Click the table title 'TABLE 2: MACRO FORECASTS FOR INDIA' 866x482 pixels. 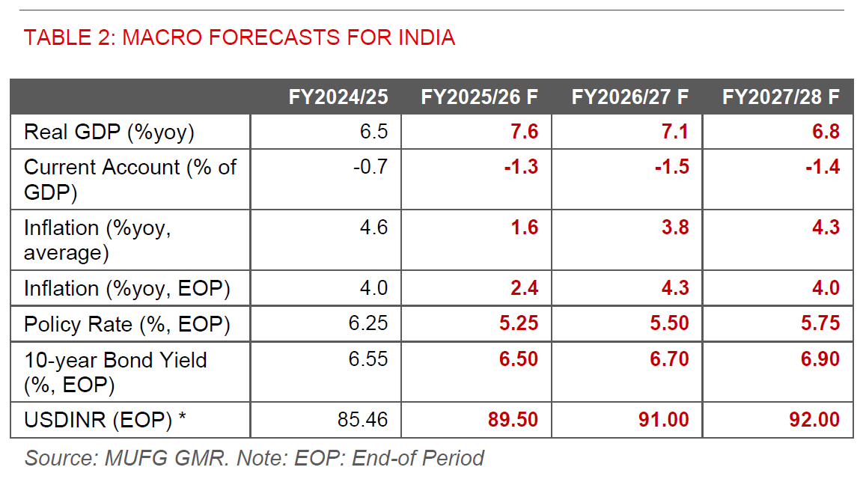coord(240,37)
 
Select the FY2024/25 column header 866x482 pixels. coord(338,97)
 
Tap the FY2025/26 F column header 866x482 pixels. coord(480,97)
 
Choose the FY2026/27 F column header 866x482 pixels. coord(630,97)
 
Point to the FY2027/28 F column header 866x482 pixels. coord(781,97)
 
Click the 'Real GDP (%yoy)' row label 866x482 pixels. coord(109,132)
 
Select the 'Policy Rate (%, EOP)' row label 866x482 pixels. coord(127,324)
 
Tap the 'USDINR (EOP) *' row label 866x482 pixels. coord(105,420)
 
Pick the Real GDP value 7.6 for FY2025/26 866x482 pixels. coord(524,132)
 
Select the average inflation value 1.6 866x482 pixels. coord(524,227)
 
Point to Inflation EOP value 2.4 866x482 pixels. coord(524,288)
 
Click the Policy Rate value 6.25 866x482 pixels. coord(368,324)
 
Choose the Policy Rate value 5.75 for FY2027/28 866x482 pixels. coord(820,324)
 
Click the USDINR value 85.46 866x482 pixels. coord(363,420)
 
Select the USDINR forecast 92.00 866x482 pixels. coord(814,420)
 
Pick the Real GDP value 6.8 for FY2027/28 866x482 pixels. coord(825,132)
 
